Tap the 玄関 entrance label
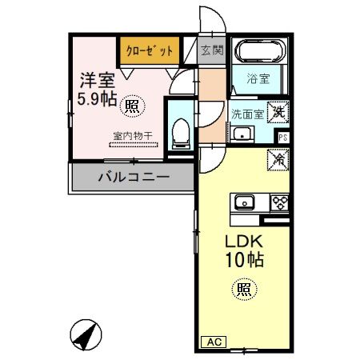click(x=211, y=51)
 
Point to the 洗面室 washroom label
click(x=245, y=113)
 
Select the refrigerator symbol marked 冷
click(x=278, y=160)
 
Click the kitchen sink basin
click(x=244, y=201)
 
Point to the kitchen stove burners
click(x=280, y=202)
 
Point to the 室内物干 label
click(x=129, y=135)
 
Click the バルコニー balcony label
click(x=134, y=177)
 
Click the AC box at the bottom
click(x=214, y=342)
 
